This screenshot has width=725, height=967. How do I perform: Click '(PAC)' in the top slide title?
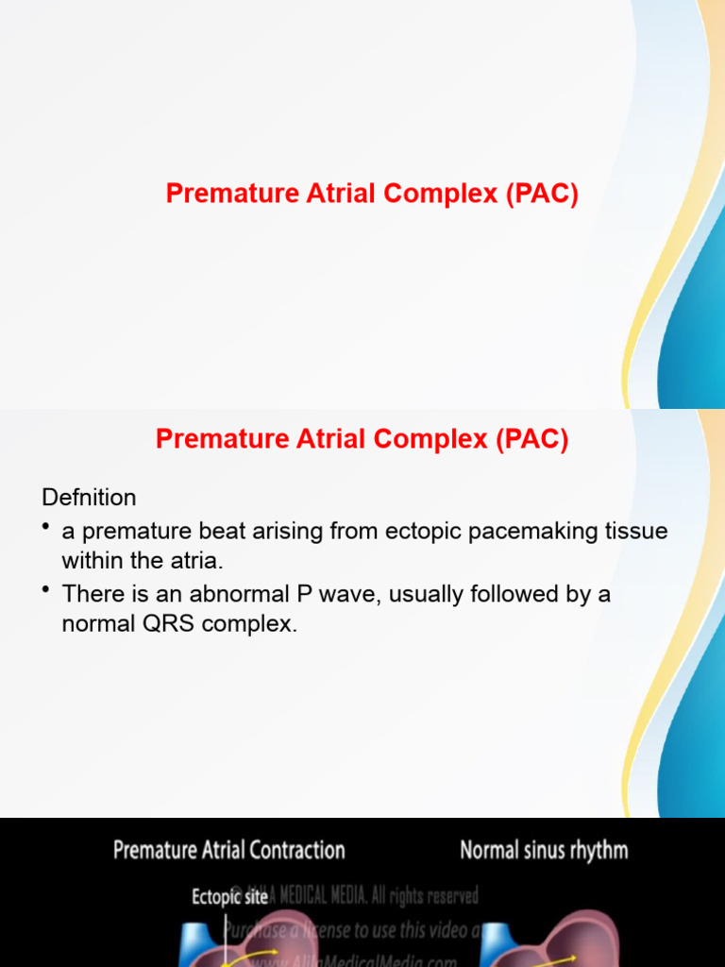pyautogui.click(x=541, y=194)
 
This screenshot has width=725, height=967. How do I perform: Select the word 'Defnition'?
pyautogui.click(x=89, y=497)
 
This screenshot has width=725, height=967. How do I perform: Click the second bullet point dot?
pyautogui.click(x=46, y=590)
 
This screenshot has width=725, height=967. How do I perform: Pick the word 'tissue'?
pyautogui.click(x=637, y=531)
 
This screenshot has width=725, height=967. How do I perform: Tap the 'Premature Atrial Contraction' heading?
pyautogui.click(x=228, y=850)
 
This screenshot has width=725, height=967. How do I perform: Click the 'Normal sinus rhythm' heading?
pyautogui.click(x=543, y=850)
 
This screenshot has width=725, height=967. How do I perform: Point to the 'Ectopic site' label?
pyautogui.click(x=229, y=896)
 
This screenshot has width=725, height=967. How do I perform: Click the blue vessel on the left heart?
pyautogui.click(x=197, y=944)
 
